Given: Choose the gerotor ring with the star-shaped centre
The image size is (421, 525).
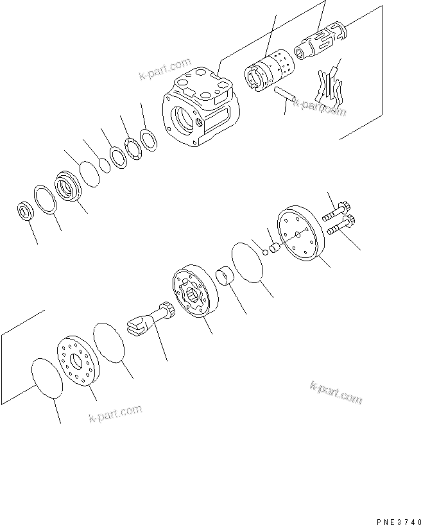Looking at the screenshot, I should click(x=195, y=289).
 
